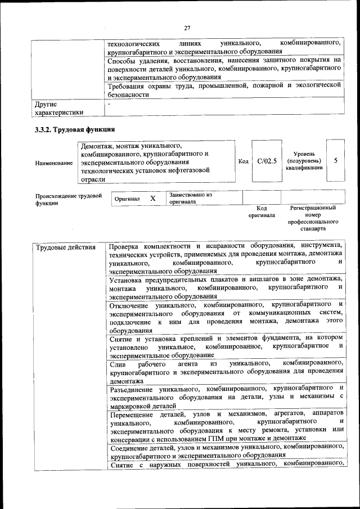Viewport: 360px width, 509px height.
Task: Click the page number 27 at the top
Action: tap(187, 28)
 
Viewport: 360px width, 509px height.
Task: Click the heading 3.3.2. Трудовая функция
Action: tap(71, 130)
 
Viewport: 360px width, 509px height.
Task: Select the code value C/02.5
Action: tap(267, 161)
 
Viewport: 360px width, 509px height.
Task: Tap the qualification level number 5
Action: tap(335, 161)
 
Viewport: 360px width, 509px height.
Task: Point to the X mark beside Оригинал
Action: tap(152, 199)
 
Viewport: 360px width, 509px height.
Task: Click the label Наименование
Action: tap(54, 163)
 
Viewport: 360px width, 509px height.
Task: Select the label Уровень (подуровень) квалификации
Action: tap(304, 160)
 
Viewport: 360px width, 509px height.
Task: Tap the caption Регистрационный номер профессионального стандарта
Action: tap(313, 219)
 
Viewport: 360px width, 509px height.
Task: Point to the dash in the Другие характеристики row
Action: tap(110, 104)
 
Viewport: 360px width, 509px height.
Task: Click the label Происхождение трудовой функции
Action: tap(69, 199)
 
